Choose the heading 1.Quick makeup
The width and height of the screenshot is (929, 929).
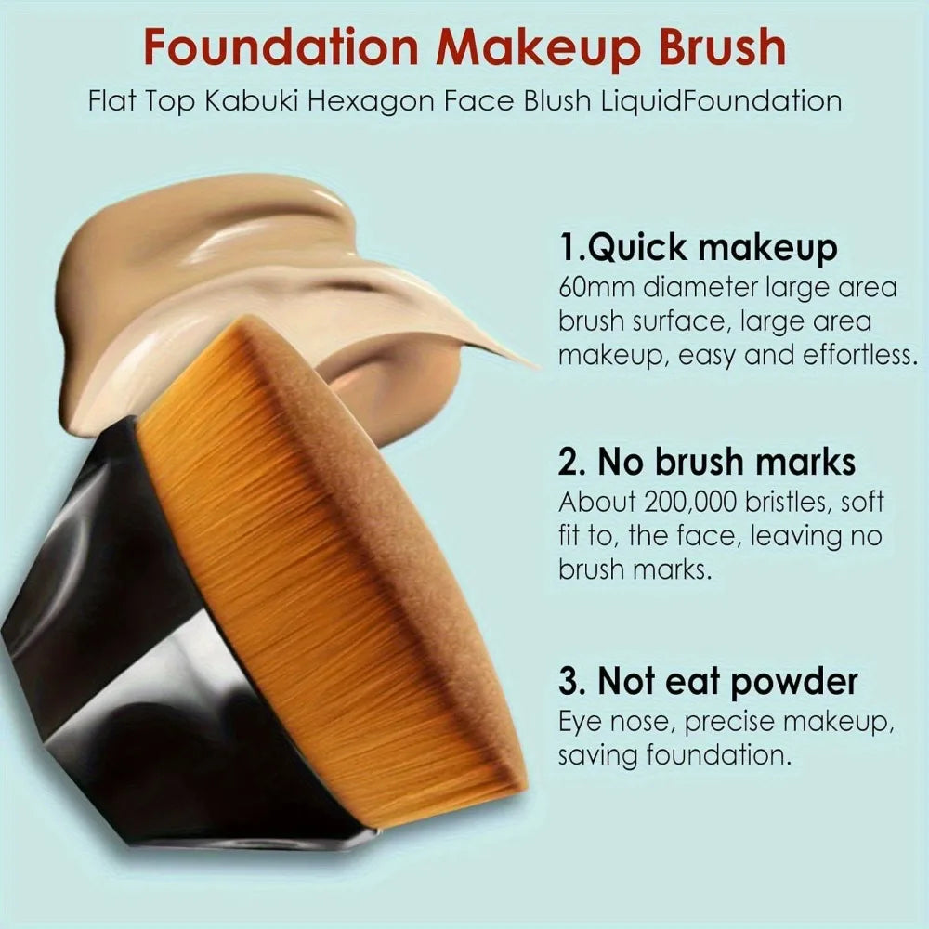tap(698, 248)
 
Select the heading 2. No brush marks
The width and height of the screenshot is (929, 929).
tap(707, 462)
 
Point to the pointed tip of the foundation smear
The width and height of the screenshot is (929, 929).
tap(530, 361)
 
